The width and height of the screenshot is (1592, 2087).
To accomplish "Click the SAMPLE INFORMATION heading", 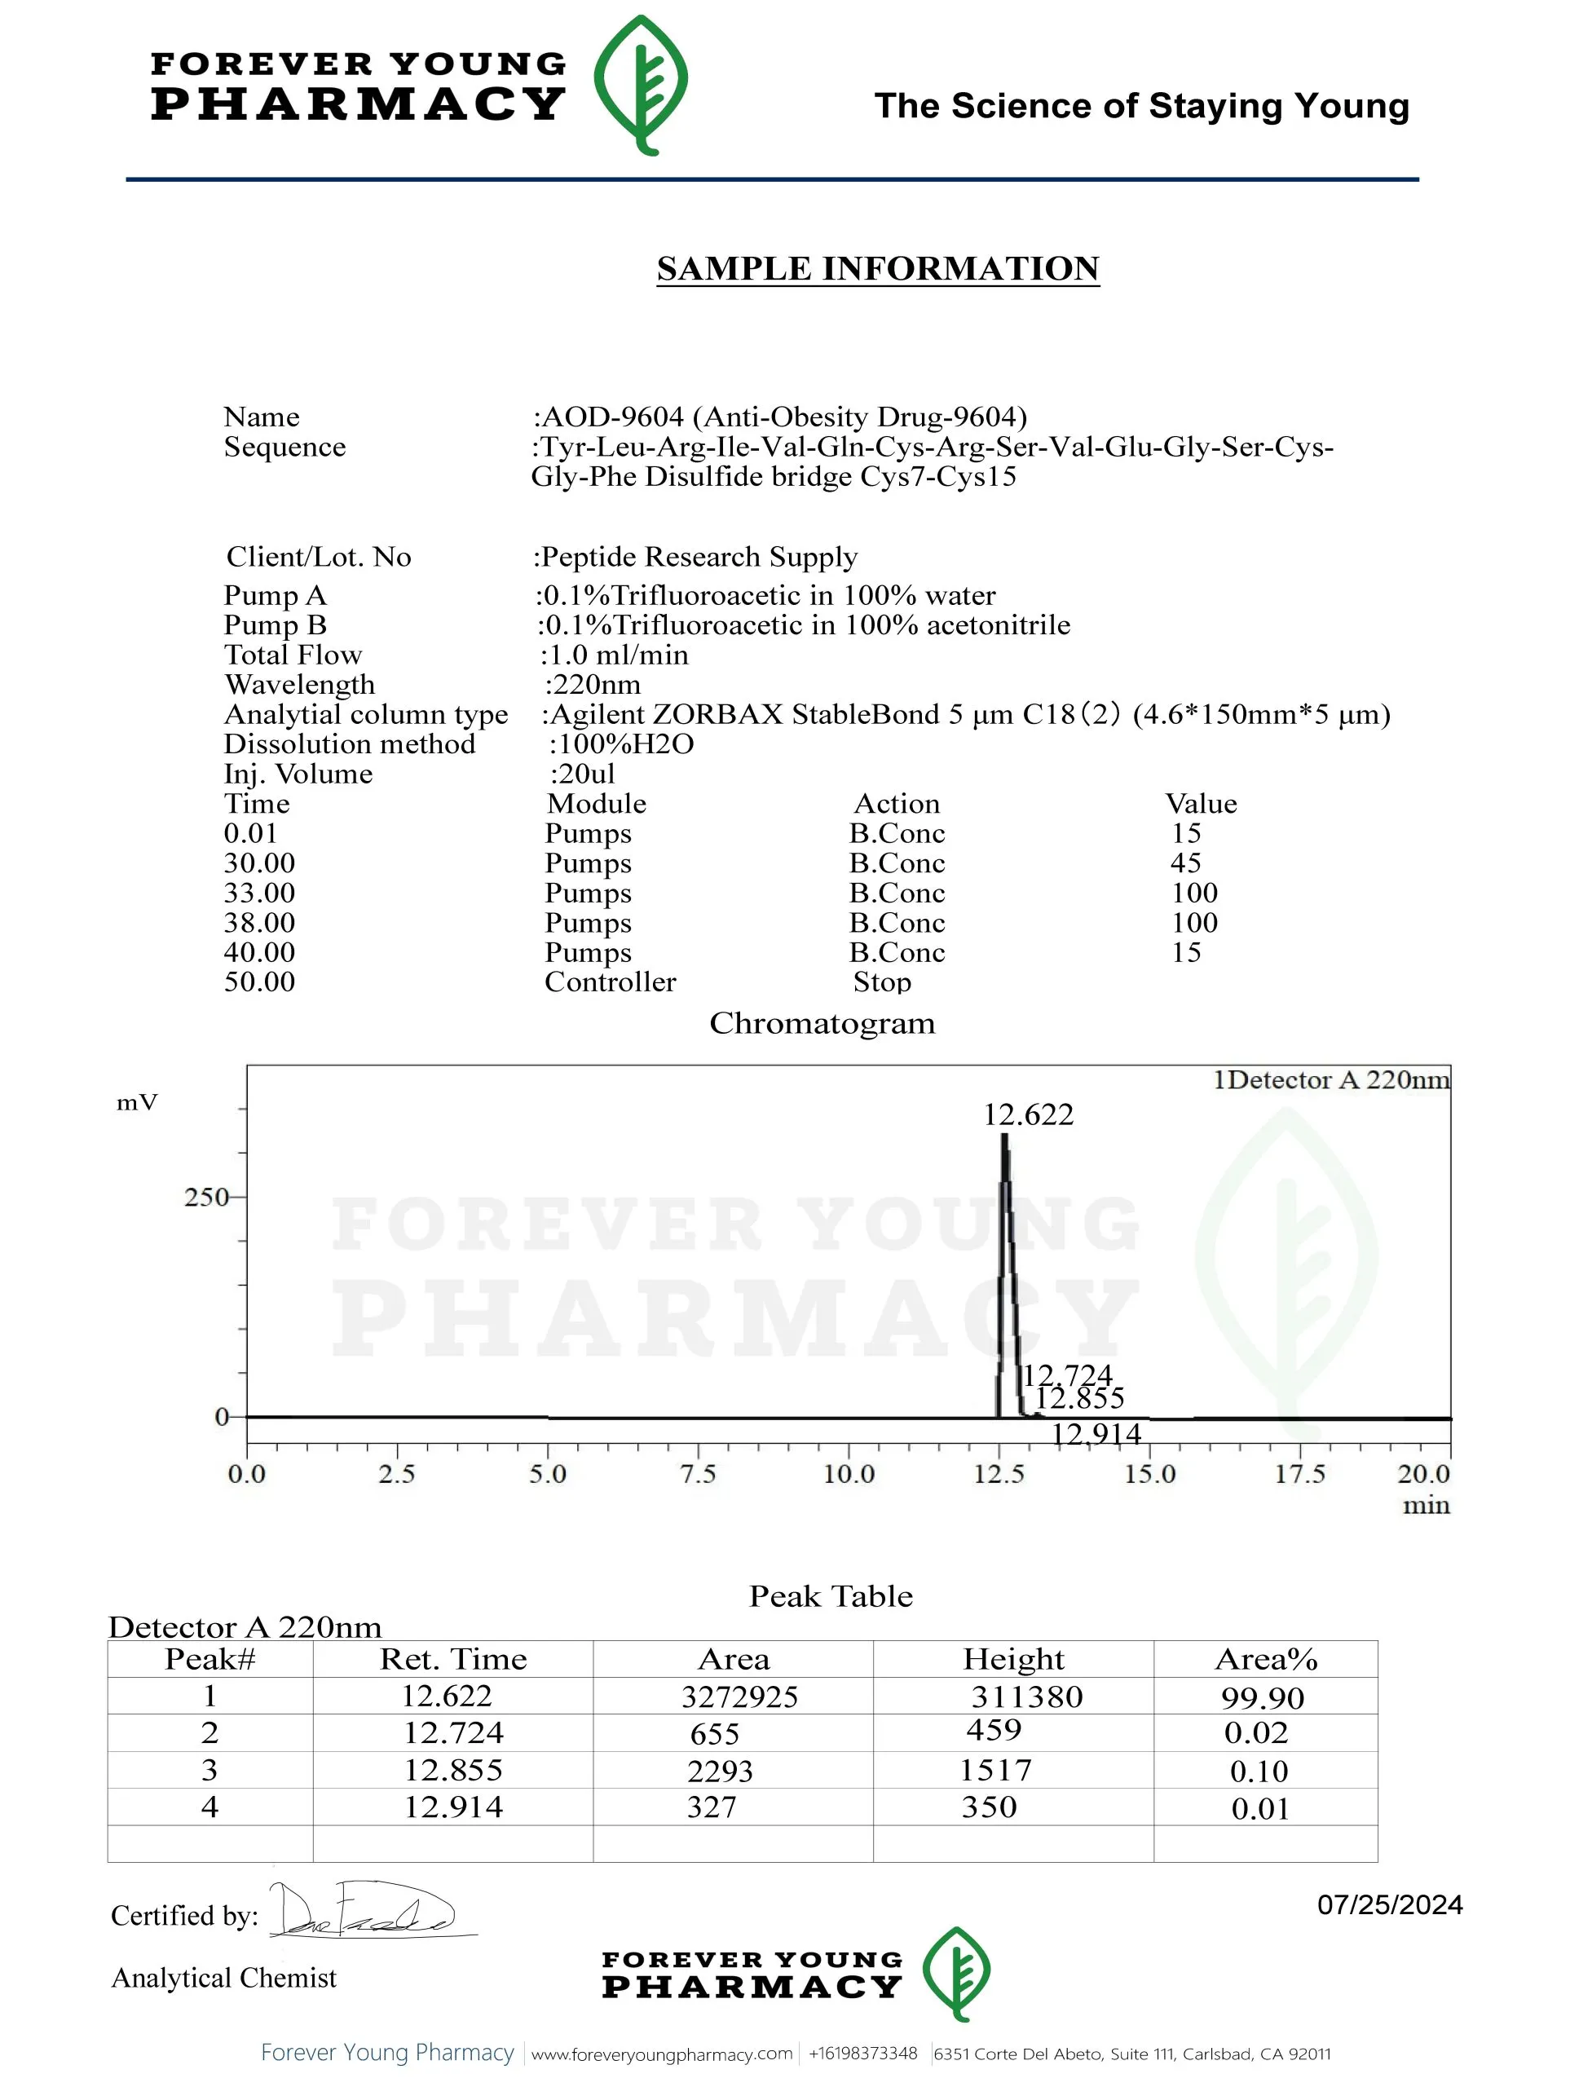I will (877, 268).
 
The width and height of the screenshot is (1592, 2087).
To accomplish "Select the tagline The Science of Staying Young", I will (1141, 105).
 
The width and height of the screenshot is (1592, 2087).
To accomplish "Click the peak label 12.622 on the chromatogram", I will (1028, 1114).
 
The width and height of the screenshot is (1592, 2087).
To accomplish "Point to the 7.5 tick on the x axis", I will (699, 1474).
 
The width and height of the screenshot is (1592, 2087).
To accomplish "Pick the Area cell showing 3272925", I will (739, 1697).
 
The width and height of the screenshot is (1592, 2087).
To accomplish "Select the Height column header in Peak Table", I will (1013, 1659).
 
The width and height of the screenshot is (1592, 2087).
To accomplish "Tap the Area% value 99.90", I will (1262, 1697).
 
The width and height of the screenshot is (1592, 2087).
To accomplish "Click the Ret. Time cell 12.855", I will (453, 1770).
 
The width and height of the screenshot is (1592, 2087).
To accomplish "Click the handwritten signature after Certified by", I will (365, 1910).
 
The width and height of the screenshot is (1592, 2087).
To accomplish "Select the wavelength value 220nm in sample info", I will (593, 684).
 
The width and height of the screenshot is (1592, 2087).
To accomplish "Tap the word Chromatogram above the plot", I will (822, 1024).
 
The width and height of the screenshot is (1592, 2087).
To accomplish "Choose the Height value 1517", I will (995, 1770).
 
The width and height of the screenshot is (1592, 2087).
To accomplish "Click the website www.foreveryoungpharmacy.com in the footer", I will (661, 2053).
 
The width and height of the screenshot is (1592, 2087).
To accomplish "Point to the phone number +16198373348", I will (862, 2053).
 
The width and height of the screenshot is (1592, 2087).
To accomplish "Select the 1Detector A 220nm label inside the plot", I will (1330, 1080).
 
